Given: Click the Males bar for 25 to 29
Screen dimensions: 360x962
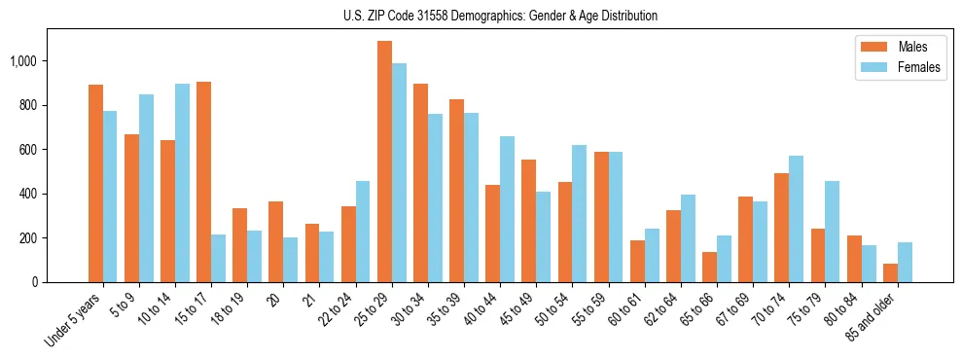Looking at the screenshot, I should (x=384, y=162).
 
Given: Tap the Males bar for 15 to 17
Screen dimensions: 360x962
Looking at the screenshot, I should (x=204, y=182).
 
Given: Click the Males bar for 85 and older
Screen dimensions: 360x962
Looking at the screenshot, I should (x=890, y=272).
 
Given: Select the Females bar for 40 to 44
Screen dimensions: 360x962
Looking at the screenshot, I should (x=508, y=209).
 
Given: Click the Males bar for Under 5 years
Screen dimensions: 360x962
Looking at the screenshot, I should (x=95, y=183).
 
